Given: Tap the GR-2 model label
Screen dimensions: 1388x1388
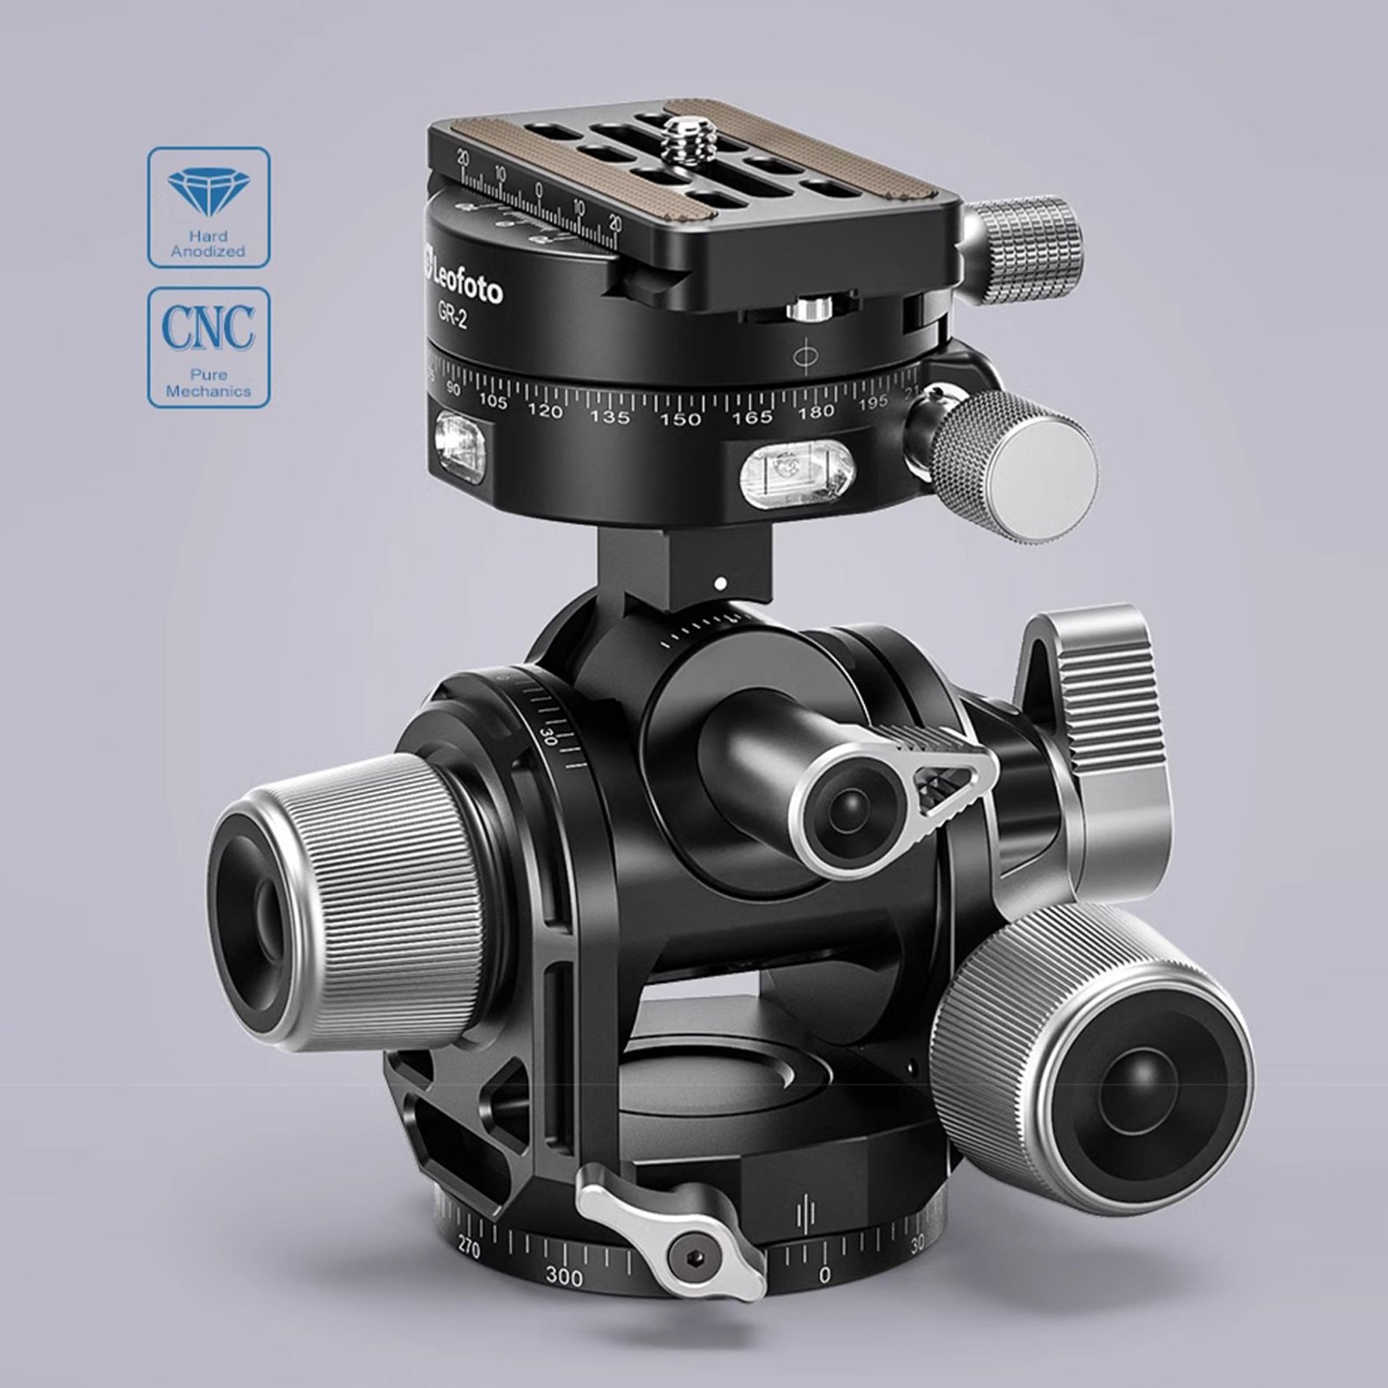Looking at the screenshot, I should [x=452, y=317].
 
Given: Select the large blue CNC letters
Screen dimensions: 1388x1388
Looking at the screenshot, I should [x=208, y=328].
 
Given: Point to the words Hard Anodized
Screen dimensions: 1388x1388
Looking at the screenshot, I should [x=208, y=244].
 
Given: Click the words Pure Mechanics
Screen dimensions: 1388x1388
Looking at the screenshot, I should [x=208, y=383].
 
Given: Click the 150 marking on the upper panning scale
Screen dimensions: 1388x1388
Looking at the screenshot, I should [x=681, y=420].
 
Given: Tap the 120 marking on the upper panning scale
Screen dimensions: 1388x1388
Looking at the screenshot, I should [x=545, y=411].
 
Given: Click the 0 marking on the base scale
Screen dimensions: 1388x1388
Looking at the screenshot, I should [x=824, y=1274].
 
